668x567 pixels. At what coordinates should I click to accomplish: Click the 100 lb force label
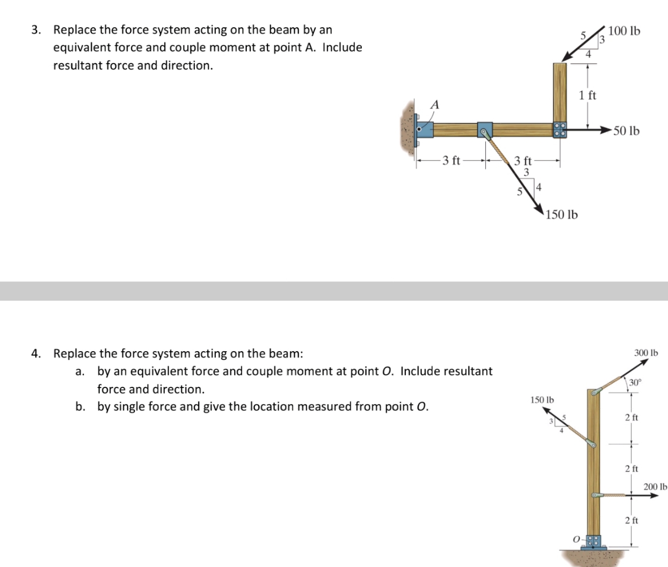tap(624, 31)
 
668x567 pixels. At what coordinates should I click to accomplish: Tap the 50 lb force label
tap(627, 131)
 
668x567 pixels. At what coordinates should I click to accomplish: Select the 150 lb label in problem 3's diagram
tap(561, 215)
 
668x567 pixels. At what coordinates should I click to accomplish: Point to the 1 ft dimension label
tap(588, 96)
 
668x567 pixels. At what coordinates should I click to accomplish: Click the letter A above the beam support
tap(434, 105)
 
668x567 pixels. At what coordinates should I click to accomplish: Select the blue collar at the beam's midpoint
tap(485, 129)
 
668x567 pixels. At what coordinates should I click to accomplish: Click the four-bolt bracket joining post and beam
tap(560, 130)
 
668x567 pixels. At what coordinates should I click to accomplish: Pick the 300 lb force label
tap(645, 353)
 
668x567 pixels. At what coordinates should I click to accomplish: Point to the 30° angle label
tap(635, 382)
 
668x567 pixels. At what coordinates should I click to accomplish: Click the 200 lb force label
tap(655, 487)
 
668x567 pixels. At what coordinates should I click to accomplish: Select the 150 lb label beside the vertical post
tap(542, 400)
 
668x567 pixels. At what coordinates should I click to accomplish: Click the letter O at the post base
tap(576, 539)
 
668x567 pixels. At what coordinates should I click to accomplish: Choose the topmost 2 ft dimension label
tap(631, 418)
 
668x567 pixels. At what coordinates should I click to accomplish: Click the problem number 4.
tap(36, 353)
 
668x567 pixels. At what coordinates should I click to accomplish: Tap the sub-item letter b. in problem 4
tap(80, 407)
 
